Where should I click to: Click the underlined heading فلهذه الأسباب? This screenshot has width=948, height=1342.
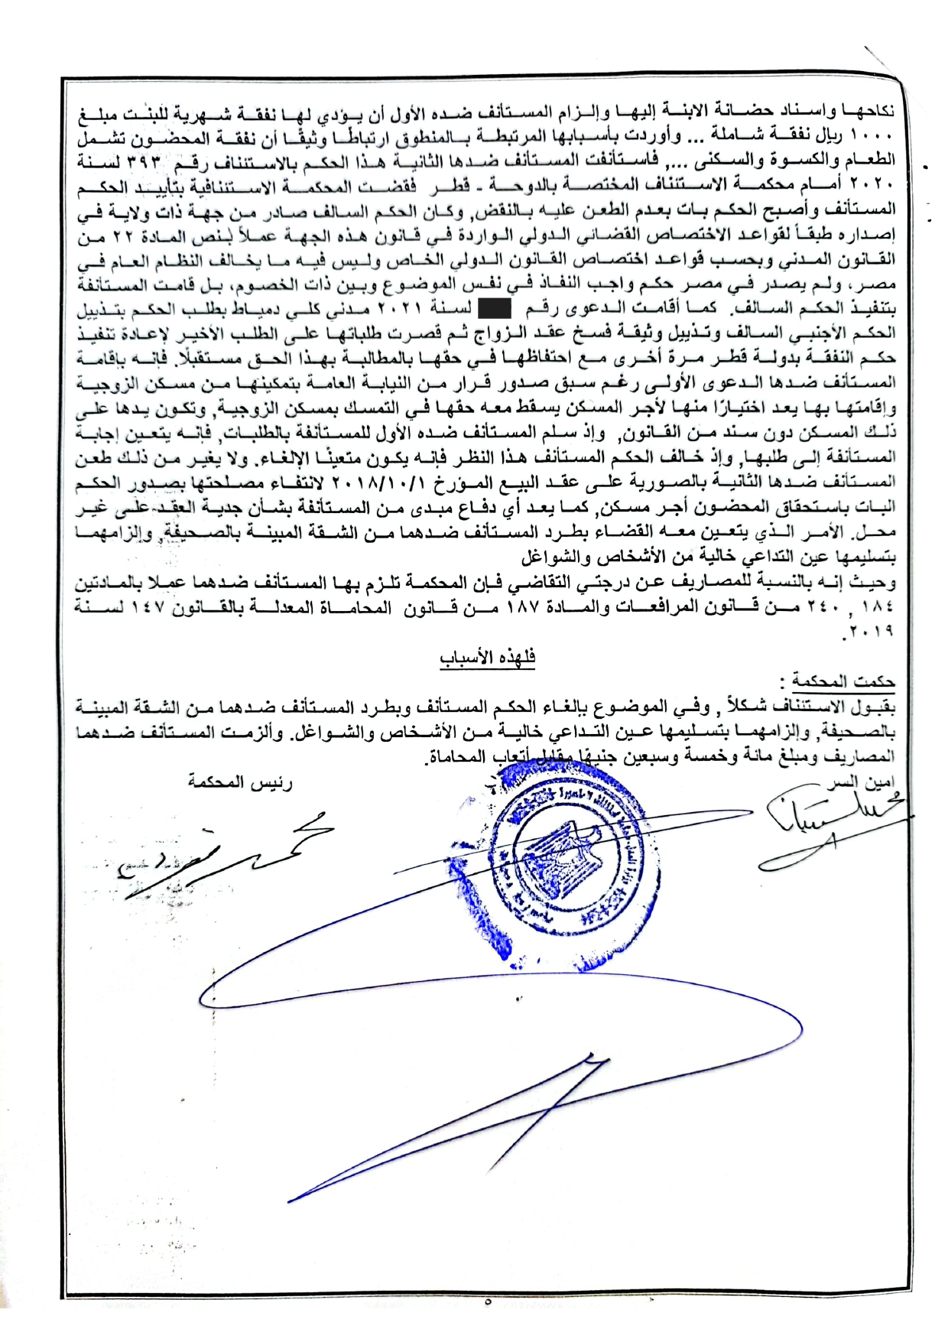[x=487, y=658]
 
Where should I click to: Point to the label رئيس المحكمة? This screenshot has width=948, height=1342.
[x=240, y=783]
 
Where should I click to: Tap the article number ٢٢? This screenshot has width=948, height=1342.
[x=106, y=235]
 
